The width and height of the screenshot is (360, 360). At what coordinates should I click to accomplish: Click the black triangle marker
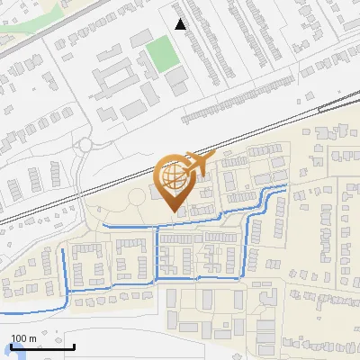181,24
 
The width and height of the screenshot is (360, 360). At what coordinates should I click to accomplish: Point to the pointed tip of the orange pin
175,211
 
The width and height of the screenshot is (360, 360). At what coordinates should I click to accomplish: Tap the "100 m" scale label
23,337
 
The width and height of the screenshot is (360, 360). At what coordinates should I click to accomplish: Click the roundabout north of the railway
85,144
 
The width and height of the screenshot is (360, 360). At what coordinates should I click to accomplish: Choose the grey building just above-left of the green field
142,38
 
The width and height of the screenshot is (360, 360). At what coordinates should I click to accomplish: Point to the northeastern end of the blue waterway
286,185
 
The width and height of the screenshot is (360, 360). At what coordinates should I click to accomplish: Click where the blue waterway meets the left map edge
2,310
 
